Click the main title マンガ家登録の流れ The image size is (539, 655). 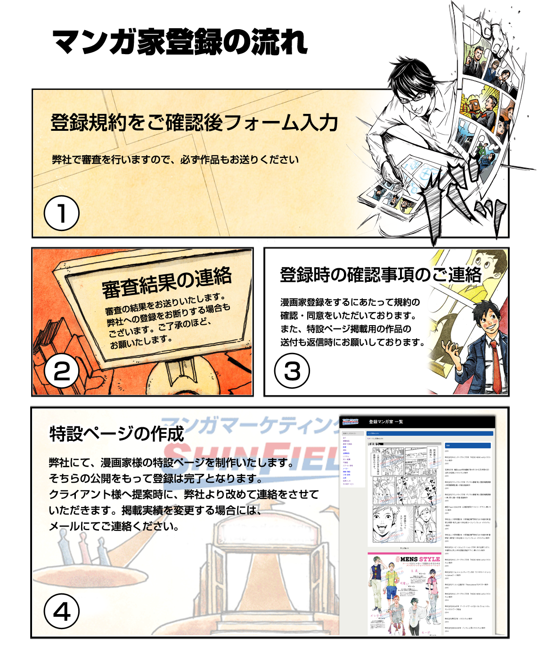(x=180, y=42)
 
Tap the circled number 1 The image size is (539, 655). (x=61, y=213)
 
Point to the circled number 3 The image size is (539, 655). (x=292, y=371)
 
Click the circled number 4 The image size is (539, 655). (x=61, y=611)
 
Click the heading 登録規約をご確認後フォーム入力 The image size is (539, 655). (x=194, y=123)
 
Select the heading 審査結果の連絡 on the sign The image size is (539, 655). (x=167, y=282)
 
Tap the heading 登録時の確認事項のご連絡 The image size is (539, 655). (x=381, y=274)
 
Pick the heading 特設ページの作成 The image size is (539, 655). (x=116, y=433)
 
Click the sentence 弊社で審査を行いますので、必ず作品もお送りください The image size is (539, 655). (x=175, y=160)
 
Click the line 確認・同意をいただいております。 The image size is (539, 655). (x=348, y=315)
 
